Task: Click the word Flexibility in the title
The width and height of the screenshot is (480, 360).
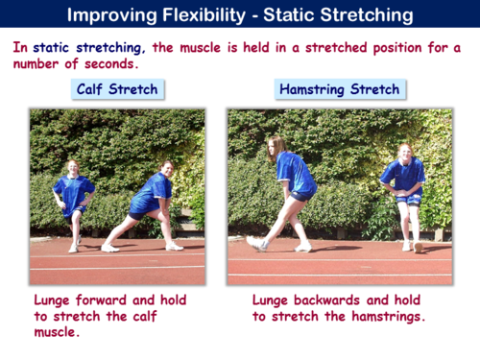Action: [x=212, y=15]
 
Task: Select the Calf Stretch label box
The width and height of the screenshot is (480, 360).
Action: [x=117, y=89]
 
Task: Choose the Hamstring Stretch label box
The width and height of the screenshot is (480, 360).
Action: [x=339, y=89]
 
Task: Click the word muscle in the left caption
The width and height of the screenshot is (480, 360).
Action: [x=60, y=333]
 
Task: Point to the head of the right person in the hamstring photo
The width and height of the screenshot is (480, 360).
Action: [x=402, y=153]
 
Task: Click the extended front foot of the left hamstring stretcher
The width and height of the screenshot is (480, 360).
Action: [x=254, y=244]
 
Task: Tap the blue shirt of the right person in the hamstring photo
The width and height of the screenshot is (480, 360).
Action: [x=402, y=177]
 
